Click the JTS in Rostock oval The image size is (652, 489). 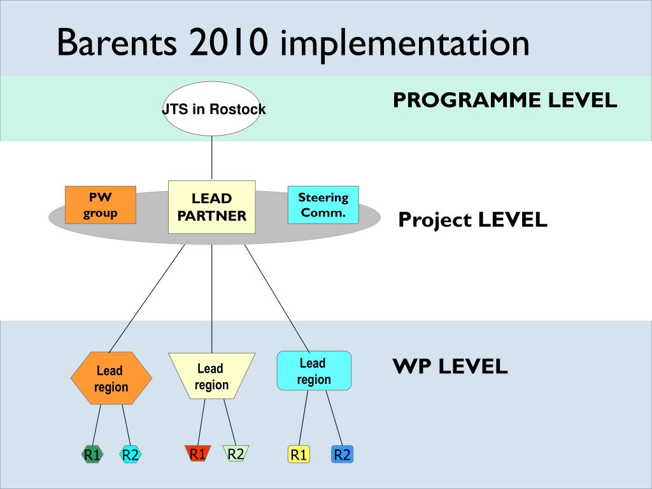[x=211, y=108]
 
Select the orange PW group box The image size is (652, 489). [x=101, y=205]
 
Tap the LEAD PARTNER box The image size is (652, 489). [x=211, y=207]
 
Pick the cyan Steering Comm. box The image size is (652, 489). [x=323, y=205]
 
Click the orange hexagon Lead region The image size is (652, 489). [x=111, y=378]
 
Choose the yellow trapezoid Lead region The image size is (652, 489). [x=211, y=376]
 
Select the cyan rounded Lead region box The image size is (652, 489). [x=314, y=371]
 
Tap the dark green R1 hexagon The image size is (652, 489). [x=92, y=455]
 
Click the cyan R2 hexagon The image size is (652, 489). [x=131, y=455]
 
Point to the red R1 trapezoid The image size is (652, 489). [x=198, y=453]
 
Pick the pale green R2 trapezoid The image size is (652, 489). [x=236, y=453]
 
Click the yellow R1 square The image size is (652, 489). [x=299, y=455]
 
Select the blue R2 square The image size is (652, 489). [x=342, y=455]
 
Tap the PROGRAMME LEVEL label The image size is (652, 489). [x=505, y=100]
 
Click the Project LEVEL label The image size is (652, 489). [x=473, y=220]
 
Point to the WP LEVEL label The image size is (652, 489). [x=450, y=366]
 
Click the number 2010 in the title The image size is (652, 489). [x=228, y=43]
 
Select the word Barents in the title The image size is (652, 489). [x=117, y=43]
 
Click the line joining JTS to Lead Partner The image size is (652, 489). [x=211, y=158]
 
